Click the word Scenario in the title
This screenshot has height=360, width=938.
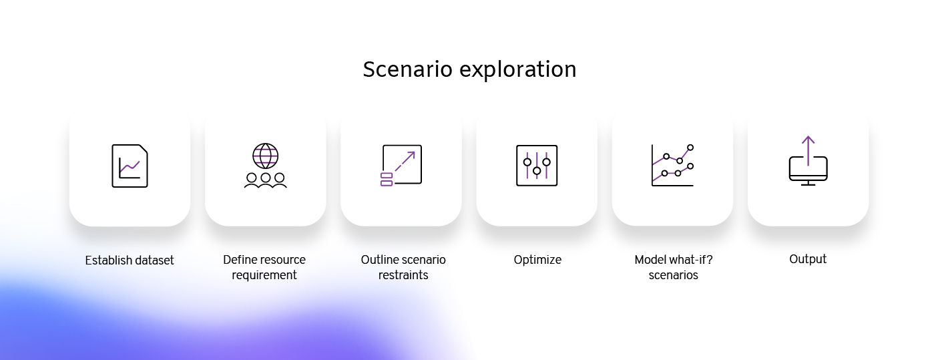tap(407, 69)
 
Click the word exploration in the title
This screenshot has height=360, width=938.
tap(518, 70)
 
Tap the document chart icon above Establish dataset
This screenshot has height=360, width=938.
tap(130, 166)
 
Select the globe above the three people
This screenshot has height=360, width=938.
tap(266, 156)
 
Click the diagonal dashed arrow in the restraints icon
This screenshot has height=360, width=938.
tap(405, 162)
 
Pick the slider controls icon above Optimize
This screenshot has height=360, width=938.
tap(537, 166)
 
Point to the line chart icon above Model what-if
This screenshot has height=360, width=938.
tap(672, 165)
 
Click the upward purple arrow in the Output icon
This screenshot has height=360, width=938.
tap(808, 150)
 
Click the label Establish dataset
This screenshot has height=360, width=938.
tap(130, 260)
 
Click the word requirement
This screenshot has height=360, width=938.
tap(264, 275)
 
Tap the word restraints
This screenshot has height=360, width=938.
tap(403, 275)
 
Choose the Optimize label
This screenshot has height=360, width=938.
tap(537, 260)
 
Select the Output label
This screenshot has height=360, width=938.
tap(808, 259)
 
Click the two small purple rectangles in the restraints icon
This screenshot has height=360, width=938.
tap(387, 179)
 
